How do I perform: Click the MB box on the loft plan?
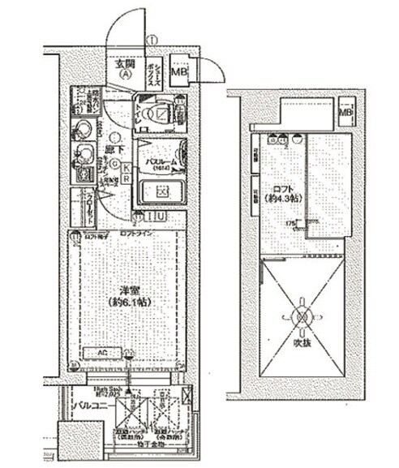click(345, 112)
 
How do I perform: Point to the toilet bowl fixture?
click(153, 114)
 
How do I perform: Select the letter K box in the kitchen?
click(127, 167)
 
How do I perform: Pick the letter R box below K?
click(127, 178)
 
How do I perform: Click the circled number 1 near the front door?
click(152, 40)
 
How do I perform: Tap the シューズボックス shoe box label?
click(152, 71)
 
